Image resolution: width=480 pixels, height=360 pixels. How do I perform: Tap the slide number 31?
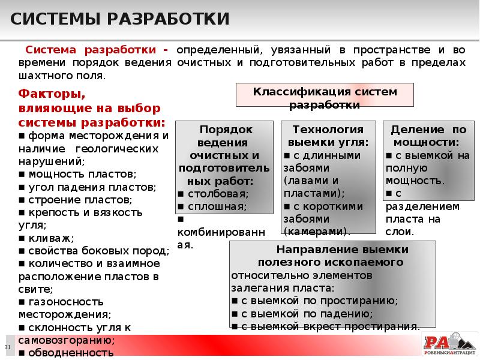click(x=8, y=348)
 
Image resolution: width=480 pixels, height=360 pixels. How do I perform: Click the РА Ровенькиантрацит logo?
click(x=449, y=344)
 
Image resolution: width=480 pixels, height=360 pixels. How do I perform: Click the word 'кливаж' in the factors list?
click(x=45, y=238)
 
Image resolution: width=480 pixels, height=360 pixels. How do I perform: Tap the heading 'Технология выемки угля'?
click(x=328, y=136)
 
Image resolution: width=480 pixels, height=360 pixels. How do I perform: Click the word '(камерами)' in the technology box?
click(x=317, y=231)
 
